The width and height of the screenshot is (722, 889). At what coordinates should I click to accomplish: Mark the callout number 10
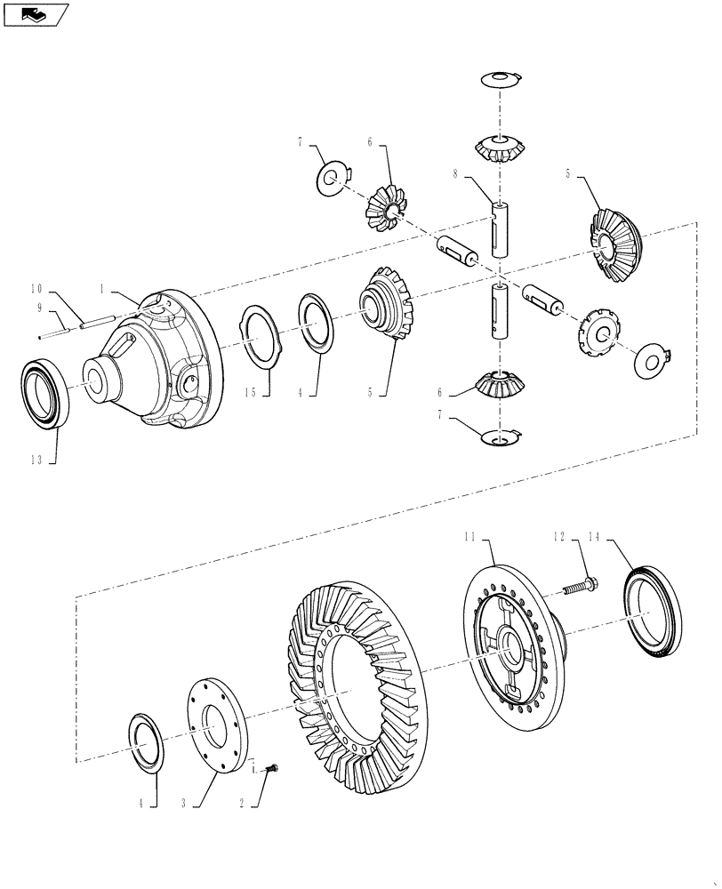(36, 289)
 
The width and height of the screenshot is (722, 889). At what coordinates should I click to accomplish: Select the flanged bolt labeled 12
(577, 587)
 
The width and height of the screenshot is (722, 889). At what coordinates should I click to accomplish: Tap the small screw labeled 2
(270, 766)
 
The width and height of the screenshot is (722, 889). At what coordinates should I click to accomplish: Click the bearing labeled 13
(43, 391)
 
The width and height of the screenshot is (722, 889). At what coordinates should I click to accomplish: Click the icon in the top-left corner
(36, 14)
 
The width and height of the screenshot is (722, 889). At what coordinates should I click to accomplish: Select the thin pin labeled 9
(57, 332)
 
